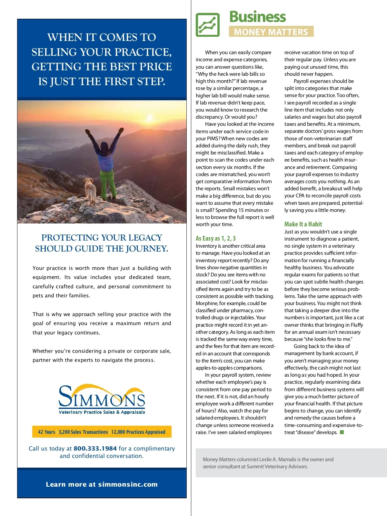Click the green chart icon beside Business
point(208,25)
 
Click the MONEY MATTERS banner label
point(271,32)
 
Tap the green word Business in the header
point(257,17)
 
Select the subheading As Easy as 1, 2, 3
point(215,238)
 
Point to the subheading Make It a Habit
point(303,224)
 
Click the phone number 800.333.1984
point(95,448)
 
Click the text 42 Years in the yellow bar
point(46,432)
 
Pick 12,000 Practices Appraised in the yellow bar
point(138,432)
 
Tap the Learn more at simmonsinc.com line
point(102,484)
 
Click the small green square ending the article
point(342,432)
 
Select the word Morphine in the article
point(207,303)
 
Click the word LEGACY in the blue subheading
point(145,238)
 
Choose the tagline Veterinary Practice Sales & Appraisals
point(102,412)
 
